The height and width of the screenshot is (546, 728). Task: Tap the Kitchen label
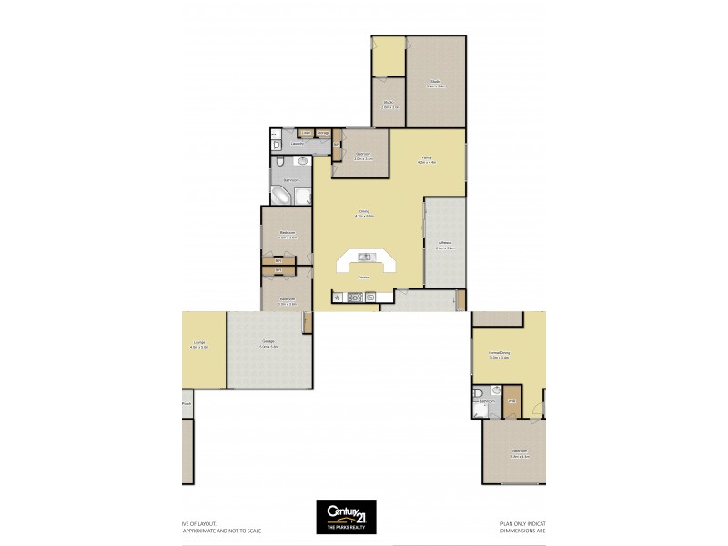pyautogui.click(x=363, y=276)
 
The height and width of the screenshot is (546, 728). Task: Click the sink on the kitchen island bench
pyautogui.click(x=365, y=257)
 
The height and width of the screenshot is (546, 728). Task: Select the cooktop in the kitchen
pyautogui.click(x=357, y=296)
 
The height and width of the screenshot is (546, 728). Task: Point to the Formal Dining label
pyautogui.click(x=499, y=355)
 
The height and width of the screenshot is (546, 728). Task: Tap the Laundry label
pyautogui.click(x=297, y=144)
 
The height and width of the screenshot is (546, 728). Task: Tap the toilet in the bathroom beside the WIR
pyautogui.click(x=478, y=394)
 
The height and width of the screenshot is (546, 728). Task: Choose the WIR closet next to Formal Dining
pyautogui.click(x=512, y=403)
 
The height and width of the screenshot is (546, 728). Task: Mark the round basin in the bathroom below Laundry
pyautogui.click(x=302, y=162)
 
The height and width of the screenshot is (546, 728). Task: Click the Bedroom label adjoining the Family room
pyautogui.click(x=361, y=156)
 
